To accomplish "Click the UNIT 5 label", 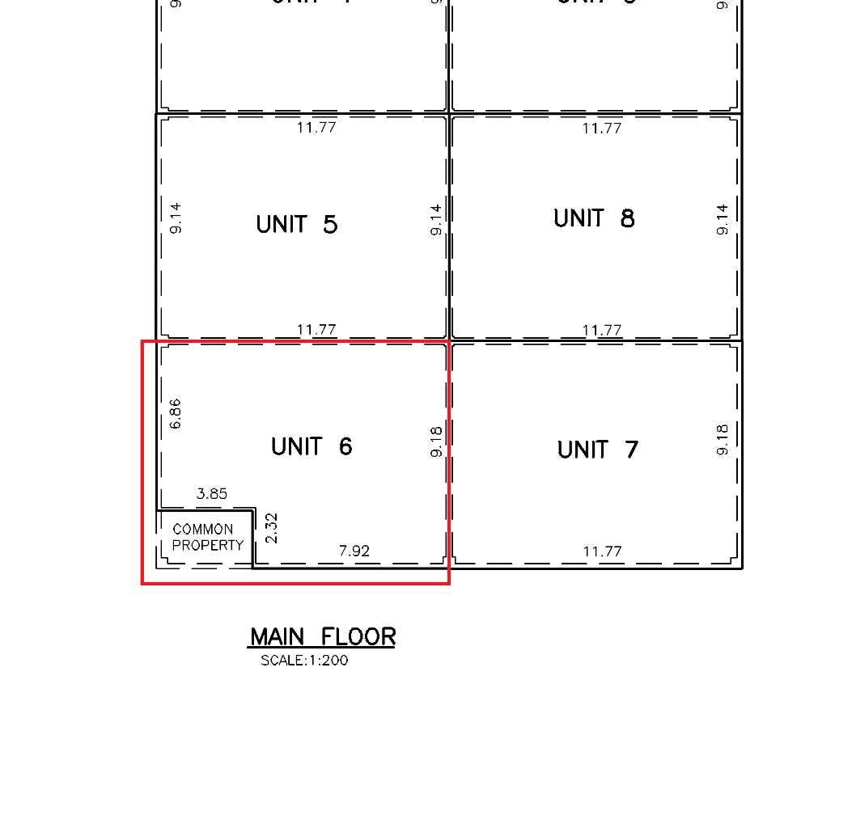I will click(x=296, y=224).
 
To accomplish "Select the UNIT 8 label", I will click(x=594, y=218).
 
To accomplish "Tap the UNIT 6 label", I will click(x=312, y=446).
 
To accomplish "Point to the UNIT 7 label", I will click(x=597, y=450).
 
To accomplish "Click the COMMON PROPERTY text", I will click(x=207, y=537).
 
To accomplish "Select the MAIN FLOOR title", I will click(x=322, y=637).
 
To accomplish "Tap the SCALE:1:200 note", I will click(x=304, y=661).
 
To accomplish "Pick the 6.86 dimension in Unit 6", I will click(x=176, y=414).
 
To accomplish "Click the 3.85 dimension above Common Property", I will click(x=212, y=493).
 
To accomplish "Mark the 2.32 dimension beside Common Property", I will click(x=271, y=528).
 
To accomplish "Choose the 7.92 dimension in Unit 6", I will click(x=354, y=551).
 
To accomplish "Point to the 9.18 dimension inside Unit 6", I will click(x=436, y=441).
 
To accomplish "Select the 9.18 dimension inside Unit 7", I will click(x=723, y=439).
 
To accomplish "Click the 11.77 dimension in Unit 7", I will click(x=602, y=551).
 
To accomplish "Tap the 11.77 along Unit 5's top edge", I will click(x=316, y=127).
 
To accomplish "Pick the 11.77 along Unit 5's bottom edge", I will click(x=316, y=329).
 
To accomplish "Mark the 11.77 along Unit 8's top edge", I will click(x=602, y=128).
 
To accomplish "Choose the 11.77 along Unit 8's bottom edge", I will click(x=602, y=330).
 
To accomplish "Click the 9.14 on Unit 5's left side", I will click(x=176, y=218).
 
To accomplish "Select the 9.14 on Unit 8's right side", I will click(x=723, y=219).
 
